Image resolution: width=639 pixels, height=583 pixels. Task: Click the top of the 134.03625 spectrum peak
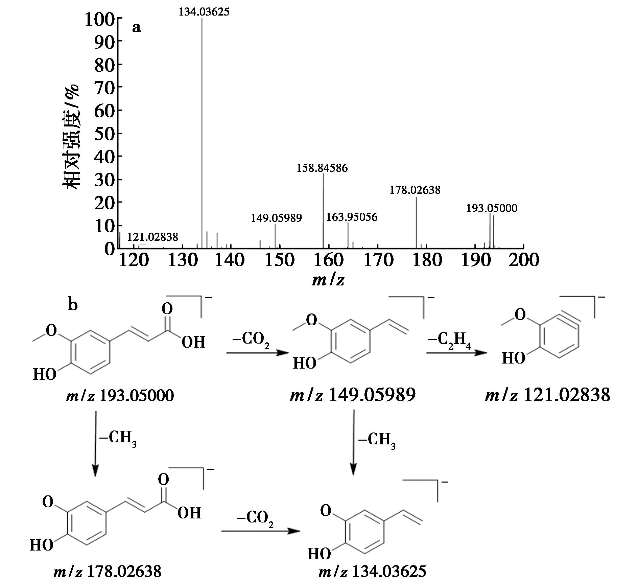point(202,18)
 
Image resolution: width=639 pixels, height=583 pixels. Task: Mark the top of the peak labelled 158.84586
point(324,173)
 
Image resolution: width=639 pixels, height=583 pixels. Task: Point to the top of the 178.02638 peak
point(416,197)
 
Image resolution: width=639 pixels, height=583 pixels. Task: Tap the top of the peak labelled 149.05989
point(275,224)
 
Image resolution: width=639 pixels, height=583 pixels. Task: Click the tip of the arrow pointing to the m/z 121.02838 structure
point(488,353)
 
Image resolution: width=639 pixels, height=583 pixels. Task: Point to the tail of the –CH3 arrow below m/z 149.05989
point(354,410)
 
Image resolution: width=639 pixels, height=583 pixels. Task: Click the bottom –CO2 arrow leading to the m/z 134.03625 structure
point(260,531)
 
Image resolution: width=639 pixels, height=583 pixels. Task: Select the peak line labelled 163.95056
point(348,235)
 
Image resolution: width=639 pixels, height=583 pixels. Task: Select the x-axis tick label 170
point(378,260)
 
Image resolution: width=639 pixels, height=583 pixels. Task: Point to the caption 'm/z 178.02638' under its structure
point(107,572)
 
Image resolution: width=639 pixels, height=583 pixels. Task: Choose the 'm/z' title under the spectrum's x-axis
point(328,280)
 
